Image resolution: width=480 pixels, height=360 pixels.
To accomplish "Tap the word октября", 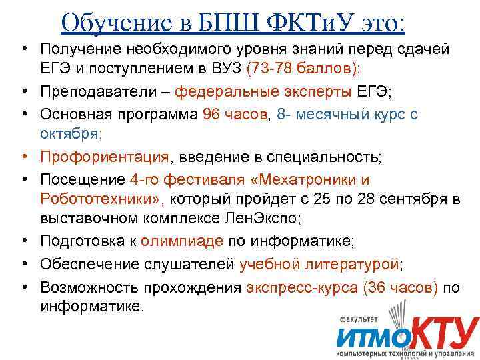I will point(69,133).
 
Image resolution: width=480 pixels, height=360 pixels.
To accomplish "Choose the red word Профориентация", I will point(105,157).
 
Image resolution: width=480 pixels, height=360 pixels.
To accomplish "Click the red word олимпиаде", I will point(188,241).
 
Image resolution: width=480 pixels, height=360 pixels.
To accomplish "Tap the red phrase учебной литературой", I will point(319,264).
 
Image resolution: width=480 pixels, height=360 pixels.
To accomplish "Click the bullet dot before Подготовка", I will point(23,241).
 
